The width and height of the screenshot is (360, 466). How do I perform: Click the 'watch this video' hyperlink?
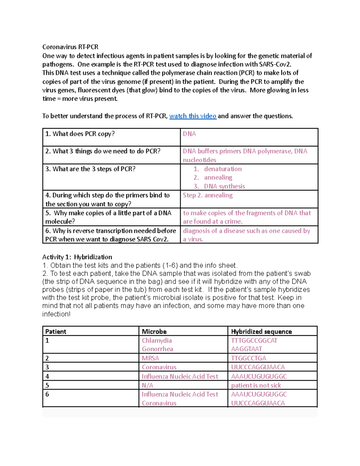click(x=193, y=116)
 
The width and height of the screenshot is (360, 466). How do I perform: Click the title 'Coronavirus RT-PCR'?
click(x=70, y=47)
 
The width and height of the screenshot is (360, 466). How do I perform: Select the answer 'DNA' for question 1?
click(x=189, y=134)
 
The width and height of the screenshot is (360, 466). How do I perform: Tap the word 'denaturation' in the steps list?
click(x=223, y=169)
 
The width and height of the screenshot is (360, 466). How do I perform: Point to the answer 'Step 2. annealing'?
click(x=208, y=195)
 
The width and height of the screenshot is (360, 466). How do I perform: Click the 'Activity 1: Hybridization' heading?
click(x=77, y=257)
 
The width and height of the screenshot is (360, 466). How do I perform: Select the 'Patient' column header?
click(x=55, y=332)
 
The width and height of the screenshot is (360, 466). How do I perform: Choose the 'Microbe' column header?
click(x=154, y=332)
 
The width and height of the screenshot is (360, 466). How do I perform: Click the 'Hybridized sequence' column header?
click(x=261, y=332)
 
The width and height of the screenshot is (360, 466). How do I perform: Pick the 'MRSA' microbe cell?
click(x=150, y=358)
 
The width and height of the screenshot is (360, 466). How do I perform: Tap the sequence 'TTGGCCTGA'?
click(x=248, y=358)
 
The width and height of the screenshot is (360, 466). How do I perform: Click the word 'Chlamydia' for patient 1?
click(x=157, y=341)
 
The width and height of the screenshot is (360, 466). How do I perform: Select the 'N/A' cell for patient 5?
click(x=147, y=385)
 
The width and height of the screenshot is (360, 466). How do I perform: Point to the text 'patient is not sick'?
click(x=256, y=385)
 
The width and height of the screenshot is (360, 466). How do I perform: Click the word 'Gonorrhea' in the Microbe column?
click(x=157, y=349)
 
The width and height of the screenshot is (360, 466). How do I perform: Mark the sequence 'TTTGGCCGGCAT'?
click(x=254, y=341)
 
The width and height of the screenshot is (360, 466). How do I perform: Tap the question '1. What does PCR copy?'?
click(x=80, y=134)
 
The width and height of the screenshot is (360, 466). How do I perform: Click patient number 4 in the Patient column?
click(x=47, y=376)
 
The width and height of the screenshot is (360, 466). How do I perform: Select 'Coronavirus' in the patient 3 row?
click(x=159, y=367)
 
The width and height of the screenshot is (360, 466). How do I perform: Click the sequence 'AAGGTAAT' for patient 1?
click(x=246, y=349)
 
